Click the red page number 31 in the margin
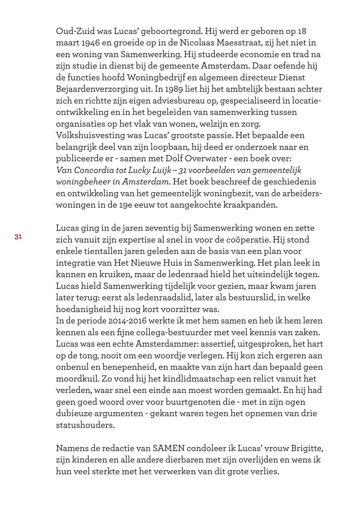18,237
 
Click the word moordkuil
78,379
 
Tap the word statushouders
85,425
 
